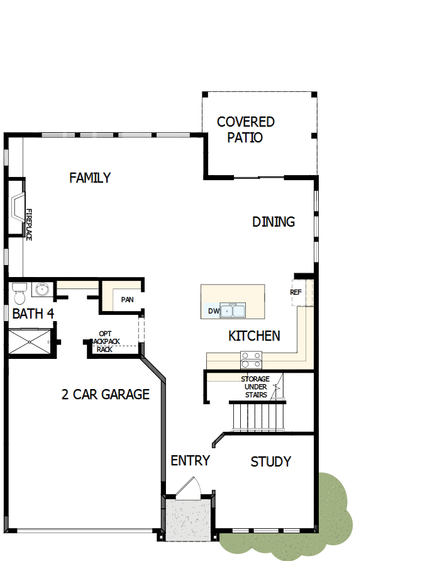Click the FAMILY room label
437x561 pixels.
(x=90, y=178)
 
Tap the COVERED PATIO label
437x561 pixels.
(x=246, y=129)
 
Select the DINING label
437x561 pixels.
(x=274, y=222)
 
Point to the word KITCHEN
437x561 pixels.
(x=254, y=336)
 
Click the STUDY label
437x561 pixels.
(x=271, y=462)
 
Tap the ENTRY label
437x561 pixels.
(x=190, y=460)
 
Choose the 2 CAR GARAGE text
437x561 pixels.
(x=106, y=395)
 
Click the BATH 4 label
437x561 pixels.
(x=33, y=314)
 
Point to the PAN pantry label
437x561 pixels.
(x=127, y=299)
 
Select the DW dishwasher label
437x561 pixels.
(x=213, y=311)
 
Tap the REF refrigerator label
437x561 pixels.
(x=296, y=292)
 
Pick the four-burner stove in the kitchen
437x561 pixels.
(x=252, y=359)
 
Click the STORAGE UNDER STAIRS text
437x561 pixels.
(x=255, y=387)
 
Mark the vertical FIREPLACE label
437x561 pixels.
(x=28, y=224)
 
